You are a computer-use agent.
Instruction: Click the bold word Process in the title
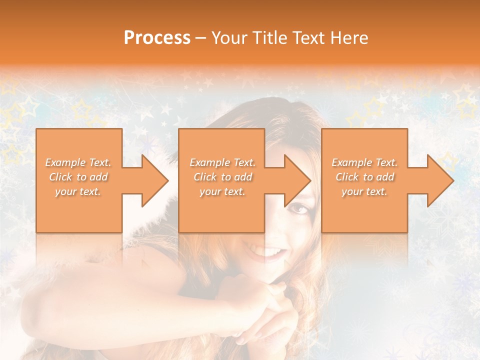point(157,38)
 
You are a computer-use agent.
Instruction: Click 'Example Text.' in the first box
point(78,162)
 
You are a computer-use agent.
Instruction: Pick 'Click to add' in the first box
point(78,177)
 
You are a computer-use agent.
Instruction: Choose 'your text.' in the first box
point(78,191)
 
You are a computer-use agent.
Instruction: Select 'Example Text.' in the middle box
point(222,162)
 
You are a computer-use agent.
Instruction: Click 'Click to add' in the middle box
point(222,177)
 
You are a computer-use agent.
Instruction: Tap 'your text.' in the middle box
point(222,191)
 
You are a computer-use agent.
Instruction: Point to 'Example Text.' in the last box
point(365,162)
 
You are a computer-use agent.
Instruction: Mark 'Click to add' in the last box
point(365,177)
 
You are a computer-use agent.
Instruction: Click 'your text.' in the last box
point(365,191)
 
